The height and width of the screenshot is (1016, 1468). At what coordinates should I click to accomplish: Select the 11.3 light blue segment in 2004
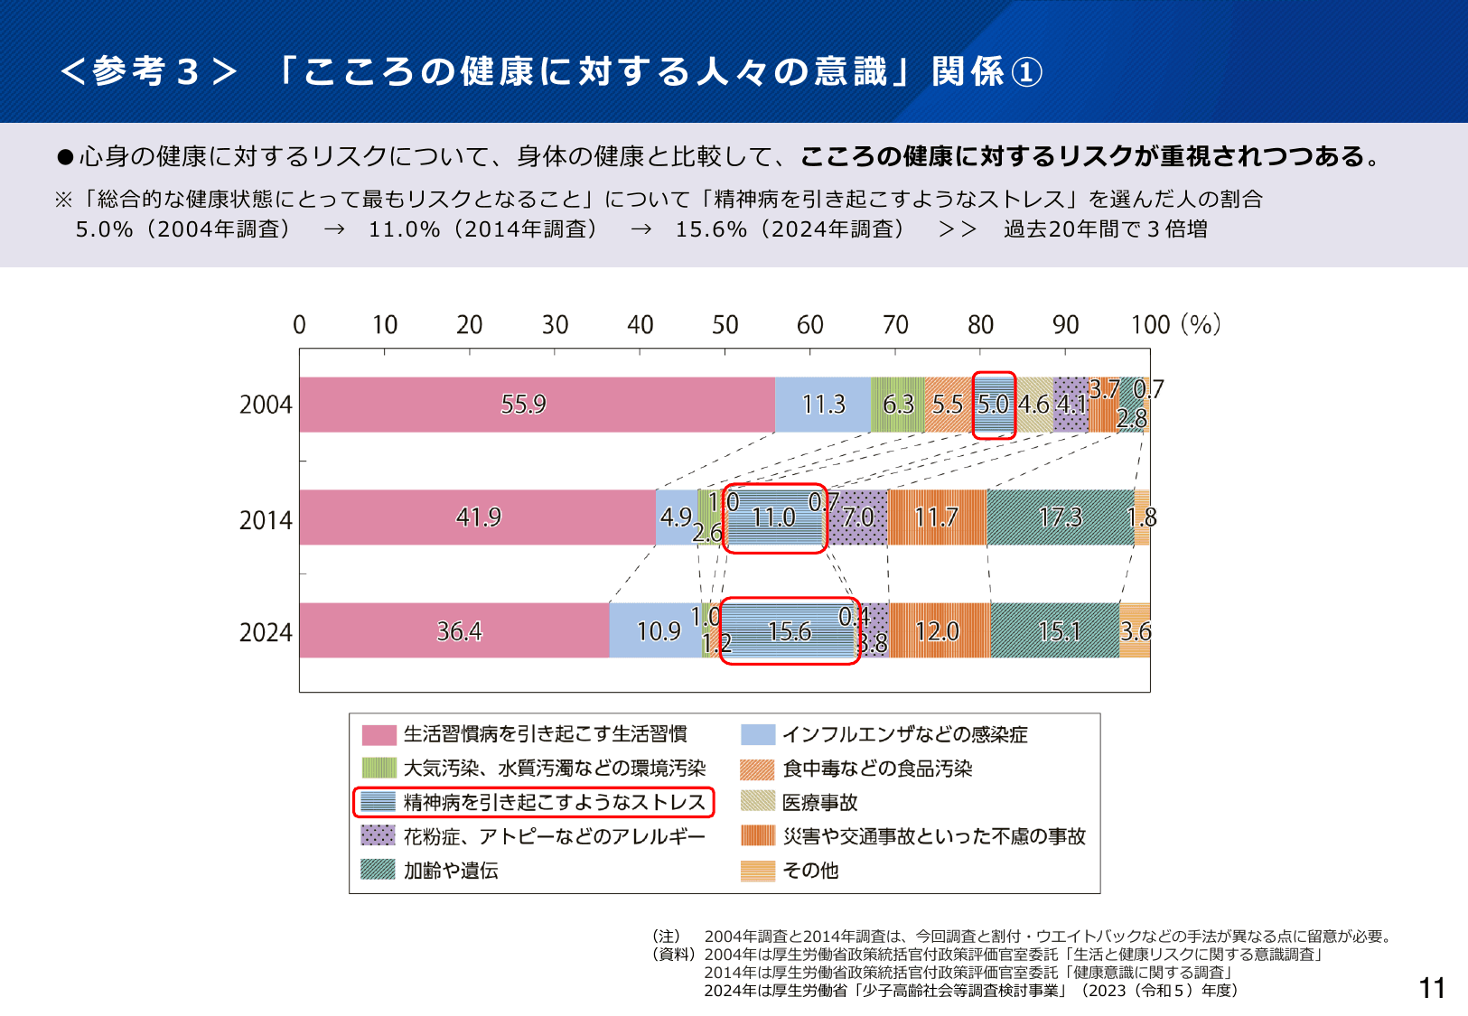(x=823, y=405)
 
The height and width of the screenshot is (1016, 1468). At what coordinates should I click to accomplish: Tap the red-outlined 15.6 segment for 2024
(x=790, y=631)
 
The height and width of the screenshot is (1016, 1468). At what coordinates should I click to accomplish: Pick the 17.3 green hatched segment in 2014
(x=1060, y=517)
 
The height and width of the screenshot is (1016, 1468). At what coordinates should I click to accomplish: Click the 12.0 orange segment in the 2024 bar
(x=938, y=631)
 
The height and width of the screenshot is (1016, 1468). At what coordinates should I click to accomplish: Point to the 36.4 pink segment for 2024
(x=459, y=631)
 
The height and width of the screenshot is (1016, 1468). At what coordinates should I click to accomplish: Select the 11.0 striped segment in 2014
(x=774, y=517)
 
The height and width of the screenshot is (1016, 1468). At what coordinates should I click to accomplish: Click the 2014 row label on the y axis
(x=266, y=520)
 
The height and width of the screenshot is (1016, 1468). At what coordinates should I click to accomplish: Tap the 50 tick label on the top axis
(x=725, y=325)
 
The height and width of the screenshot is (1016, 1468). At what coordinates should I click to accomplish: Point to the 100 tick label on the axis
(x=1150, y=325)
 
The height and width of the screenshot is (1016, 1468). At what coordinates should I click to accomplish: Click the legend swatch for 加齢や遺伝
(x=378, y=870)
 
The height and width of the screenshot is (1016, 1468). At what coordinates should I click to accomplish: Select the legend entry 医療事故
(x=819, y=802)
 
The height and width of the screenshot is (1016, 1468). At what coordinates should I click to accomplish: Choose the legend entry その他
(x=810, y=871)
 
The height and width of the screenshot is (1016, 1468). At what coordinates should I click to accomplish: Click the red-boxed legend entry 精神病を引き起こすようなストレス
(x=553, y=802)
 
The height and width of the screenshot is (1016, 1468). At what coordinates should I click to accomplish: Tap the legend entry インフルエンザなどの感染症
(x=904, y=734)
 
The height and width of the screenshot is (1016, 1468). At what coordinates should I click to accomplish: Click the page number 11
(x=1432, y=988)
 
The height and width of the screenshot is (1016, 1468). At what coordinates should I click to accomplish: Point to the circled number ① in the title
(x=1026, y=72)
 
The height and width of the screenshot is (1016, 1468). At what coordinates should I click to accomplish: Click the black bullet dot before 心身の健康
(x=65, y=158)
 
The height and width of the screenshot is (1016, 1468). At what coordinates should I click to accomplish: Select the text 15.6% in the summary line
(x=711, y=229)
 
